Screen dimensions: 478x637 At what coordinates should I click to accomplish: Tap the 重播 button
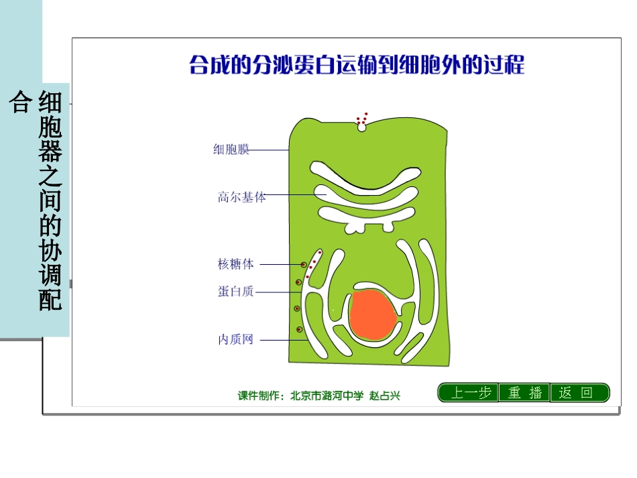(524, 393)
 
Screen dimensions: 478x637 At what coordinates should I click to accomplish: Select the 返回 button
(579, 393)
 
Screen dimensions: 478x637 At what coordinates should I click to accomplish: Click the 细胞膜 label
(231, 150)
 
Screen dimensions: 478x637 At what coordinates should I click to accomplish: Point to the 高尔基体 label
(241, 197)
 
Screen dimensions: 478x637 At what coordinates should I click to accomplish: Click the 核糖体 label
(236, 264)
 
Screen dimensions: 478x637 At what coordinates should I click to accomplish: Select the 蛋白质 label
(235, 292)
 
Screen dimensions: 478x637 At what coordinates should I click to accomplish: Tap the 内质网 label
(235, 340)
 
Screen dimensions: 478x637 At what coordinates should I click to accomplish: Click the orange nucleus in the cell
(372, 314)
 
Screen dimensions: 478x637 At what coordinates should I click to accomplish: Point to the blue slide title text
(357, 66)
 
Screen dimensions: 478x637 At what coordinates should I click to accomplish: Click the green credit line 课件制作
(318, 396)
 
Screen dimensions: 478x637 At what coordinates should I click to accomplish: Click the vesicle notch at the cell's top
(362, 126)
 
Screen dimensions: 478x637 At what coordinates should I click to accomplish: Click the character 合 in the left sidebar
(20, 103)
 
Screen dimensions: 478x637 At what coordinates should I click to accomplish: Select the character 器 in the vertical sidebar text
(51, 152)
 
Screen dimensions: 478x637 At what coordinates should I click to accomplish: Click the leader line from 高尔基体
(295, 195)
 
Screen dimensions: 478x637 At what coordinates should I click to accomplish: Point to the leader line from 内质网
(282, 340)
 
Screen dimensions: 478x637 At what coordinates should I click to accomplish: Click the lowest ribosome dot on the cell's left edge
(299, 329)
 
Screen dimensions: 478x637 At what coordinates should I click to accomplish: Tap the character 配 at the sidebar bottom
(51, 300)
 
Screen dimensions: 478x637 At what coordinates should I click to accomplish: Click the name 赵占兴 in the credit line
(385, 396)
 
